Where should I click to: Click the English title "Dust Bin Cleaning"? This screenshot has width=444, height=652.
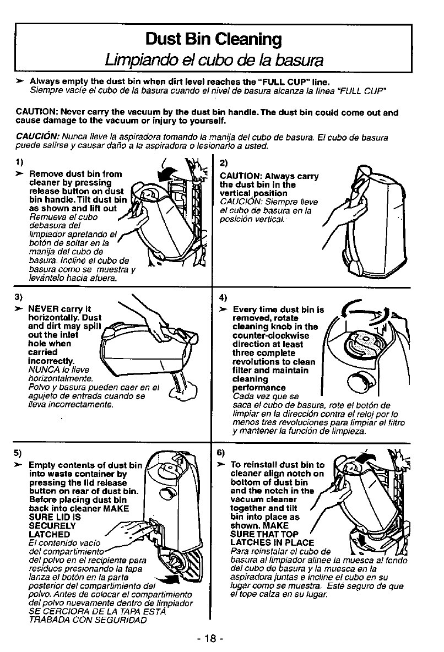pyautogui.click(x=213, y=39)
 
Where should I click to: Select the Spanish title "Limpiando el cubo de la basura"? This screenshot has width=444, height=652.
pyautogui.click(x=213, y=59)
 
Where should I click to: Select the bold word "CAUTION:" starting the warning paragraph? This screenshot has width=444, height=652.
pyautogui.click(x=34, y=113)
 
